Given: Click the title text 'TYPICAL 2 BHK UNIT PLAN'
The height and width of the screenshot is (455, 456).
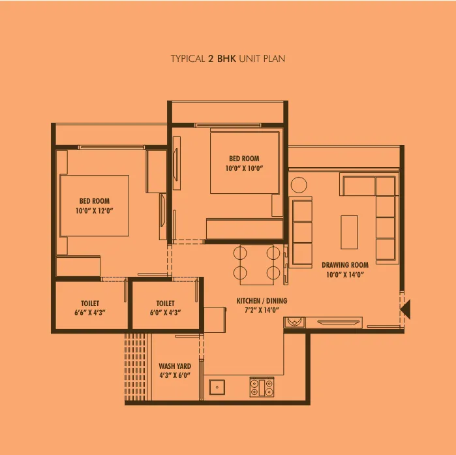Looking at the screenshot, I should click(x=228, y=59).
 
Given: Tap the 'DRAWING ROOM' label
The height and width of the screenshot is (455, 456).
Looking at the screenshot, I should click(x=344, y=265).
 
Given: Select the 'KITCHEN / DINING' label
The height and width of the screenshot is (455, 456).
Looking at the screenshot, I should click(x=262, y=301).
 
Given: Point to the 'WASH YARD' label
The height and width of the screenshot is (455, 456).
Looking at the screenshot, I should click(x=175, y=366).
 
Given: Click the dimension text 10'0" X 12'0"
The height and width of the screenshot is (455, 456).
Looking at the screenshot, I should click(x=95, y=211).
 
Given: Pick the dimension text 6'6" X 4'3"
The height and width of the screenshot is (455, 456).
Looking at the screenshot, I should click(x=90, y=313).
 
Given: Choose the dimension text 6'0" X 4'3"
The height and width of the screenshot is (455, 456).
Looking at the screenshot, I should click(x=165, y=313).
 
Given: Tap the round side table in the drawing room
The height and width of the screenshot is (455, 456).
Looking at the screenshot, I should click(x=299, y=185).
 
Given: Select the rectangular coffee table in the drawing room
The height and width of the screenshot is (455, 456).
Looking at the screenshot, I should click(x=349, y=232).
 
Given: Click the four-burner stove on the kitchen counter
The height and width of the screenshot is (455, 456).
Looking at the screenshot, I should click(x=262, y=387).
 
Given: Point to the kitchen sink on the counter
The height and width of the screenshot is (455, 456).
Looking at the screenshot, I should click(x=216, y=387).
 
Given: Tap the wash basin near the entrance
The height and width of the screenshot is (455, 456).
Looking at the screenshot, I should click(x=295, y=322).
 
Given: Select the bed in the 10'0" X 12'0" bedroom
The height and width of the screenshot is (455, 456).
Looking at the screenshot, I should click(x=94, y=206).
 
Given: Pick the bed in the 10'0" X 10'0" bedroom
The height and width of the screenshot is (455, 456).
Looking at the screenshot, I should click(x=244, y=162).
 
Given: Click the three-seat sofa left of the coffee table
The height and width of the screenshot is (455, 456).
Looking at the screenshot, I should click(x=302, y=232).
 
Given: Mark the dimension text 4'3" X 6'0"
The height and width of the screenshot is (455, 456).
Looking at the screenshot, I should click(x=175, y=376).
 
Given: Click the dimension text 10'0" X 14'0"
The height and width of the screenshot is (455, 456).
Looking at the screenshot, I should click(x=344, y=275).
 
